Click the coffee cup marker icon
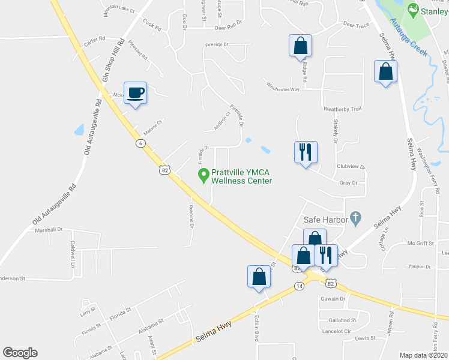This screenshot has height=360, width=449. [x=135, y=92]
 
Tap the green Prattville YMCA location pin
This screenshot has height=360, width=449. [x=203, y=175]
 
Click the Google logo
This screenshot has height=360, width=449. [x=20, y=353]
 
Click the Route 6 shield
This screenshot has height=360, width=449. [x=140, y=143]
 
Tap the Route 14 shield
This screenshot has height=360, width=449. [x=299, y=287]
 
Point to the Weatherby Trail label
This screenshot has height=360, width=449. [x=342, y=109]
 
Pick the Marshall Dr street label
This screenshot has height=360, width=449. [x=49, y=230]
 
